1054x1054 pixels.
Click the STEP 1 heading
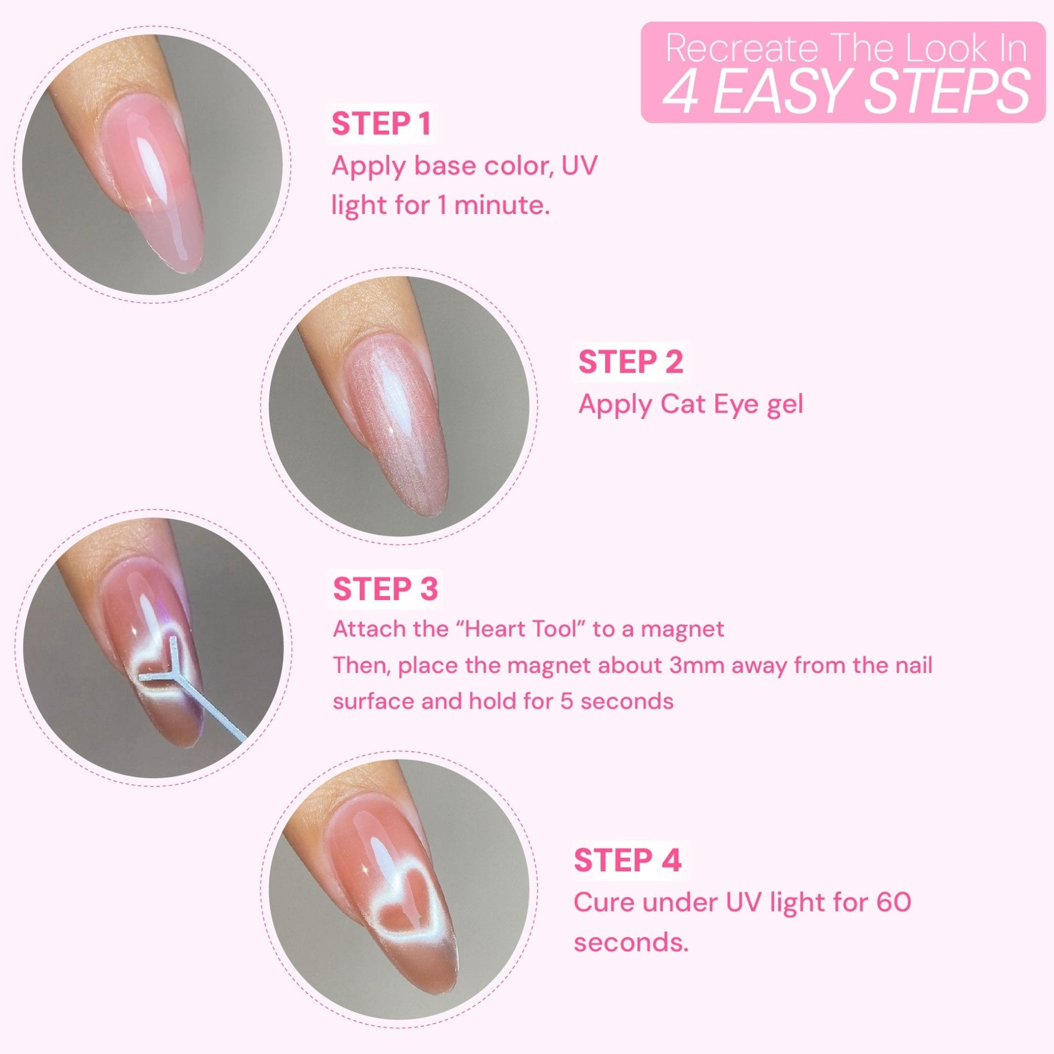[x=381, y=125]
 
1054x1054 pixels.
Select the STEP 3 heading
[x=385, y=589]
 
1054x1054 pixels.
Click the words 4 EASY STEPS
[x=845, y=91]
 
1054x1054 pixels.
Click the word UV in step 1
[x=579, y=165]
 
